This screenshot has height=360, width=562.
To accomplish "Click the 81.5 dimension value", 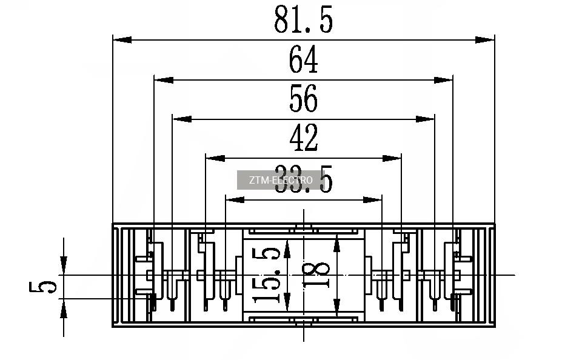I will click(303, 21).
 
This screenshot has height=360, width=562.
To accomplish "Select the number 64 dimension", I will click(303, 61).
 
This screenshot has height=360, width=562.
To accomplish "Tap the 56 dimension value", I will click(303, 99).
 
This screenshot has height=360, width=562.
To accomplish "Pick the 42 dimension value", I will click(303, 139).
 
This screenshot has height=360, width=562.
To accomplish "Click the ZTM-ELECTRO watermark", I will click(281, 180).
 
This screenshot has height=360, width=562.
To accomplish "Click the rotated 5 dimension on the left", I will click(42, 282).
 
